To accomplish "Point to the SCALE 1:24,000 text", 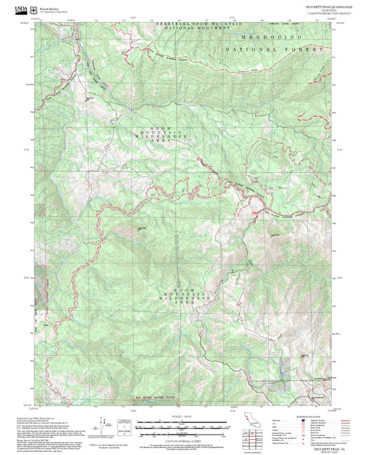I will click(x=182, y=417).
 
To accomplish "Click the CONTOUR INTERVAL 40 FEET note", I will click(x=182, y=439).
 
